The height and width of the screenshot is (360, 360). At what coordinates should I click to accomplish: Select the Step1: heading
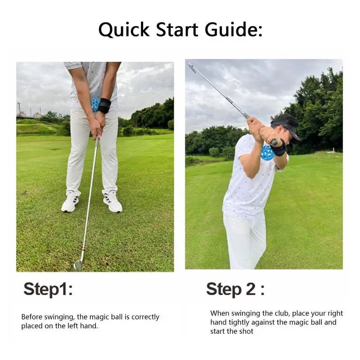(48, 289)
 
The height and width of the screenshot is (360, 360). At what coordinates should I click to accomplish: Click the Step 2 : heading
(235, 289)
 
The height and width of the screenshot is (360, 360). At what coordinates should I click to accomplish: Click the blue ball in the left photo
(94, 104)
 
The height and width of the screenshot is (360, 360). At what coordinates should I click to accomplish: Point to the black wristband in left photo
(105, 106)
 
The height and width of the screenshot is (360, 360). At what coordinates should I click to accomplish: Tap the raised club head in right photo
(192, 68)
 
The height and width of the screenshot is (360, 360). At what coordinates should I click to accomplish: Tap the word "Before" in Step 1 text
(32, 317)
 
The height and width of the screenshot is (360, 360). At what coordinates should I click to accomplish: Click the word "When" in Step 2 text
(220, 313)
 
